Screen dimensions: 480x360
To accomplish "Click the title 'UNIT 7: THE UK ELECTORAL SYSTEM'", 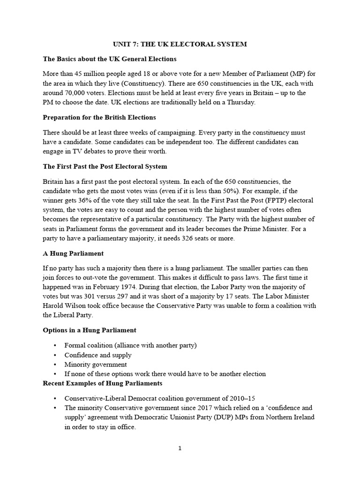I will (180, 44).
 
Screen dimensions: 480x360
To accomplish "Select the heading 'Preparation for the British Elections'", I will (99, 117).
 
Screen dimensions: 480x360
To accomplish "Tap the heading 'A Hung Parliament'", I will (73, 253).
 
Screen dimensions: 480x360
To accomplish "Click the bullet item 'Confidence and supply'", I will (98, 355).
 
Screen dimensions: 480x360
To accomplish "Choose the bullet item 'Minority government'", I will (96, 364).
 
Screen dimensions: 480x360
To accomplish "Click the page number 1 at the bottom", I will (180, 448).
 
